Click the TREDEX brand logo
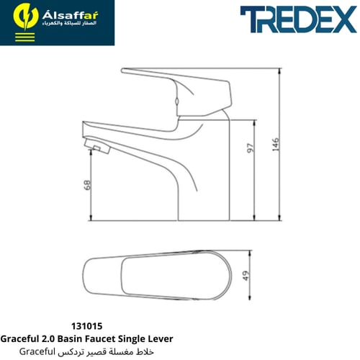298,19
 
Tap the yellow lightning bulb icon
26,17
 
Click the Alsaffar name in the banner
70,16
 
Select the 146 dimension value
276,144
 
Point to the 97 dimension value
250,148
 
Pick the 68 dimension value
88,185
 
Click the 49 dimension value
246,276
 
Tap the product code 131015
86,326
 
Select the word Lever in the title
162,338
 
